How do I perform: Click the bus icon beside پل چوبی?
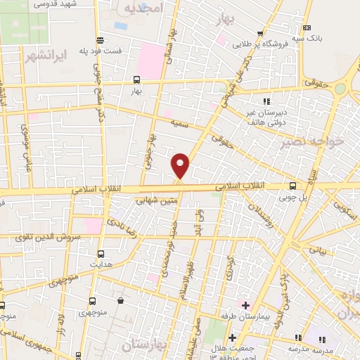293,186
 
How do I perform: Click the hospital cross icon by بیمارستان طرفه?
245,304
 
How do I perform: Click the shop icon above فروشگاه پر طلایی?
260,34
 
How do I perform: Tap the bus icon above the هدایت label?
100,253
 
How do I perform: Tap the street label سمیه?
179,124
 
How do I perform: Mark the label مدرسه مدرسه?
309,348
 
